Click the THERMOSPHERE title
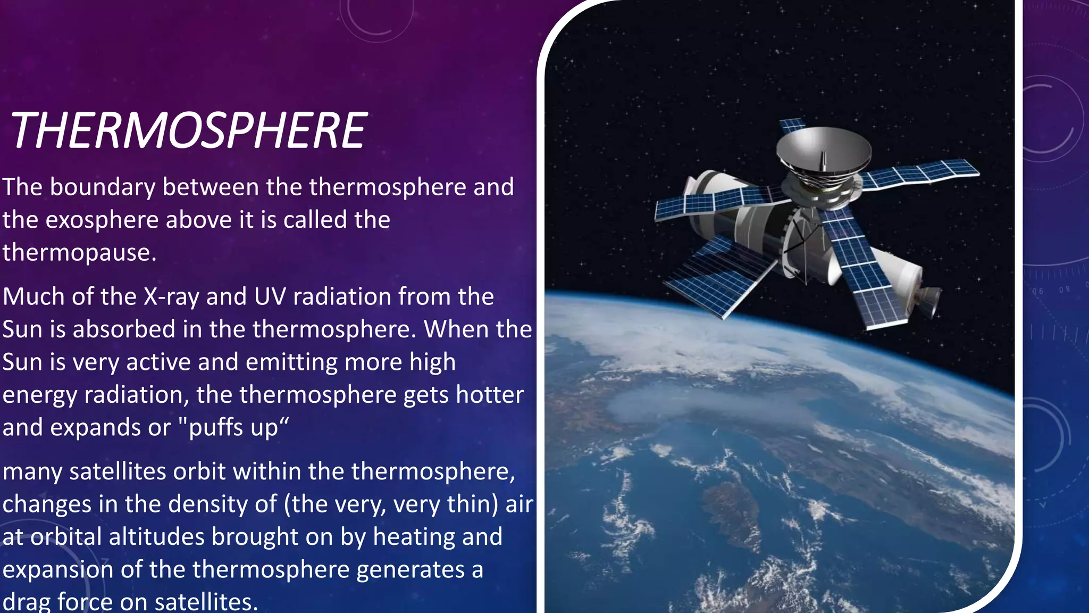(189, 131)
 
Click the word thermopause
(79, 252)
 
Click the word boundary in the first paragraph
(103, 187)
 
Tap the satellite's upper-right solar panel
(920, 173)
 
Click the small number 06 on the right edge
(1037, 291)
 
